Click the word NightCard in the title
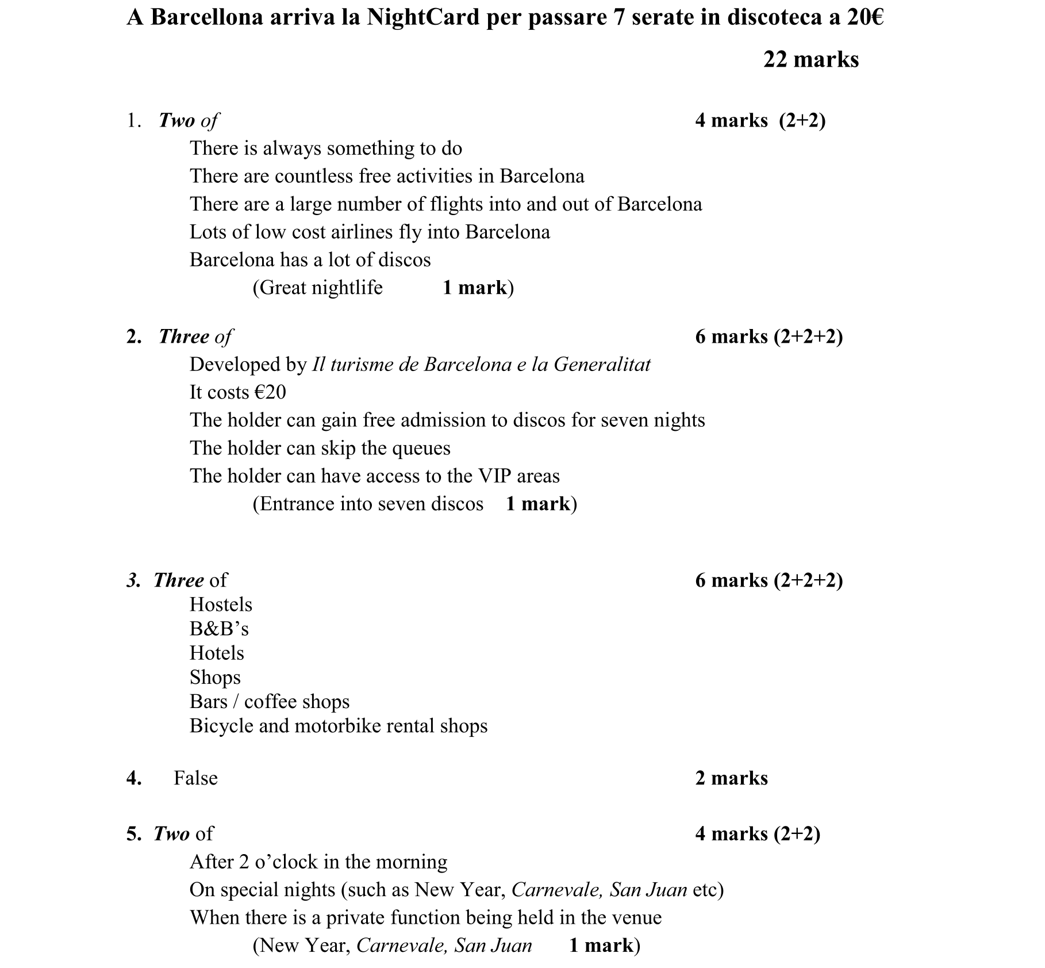click(x=422, y=17)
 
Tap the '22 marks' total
click(x=810, y=59)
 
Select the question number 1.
click(x=133, y=120)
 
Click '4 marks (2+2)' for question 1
click(x=760, y=120)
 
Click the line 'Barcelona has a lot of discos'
click(x=310, y=260)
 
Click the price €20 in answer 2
click(x=270, y=392)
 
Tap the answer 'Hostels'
click(x=221, y=604)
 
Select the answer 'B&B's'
click(x=219, y=629)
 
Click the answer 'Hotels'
click(x=217, y=653)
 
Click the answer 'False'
click(x=195, y=778)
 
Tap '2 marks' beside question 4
click(x=731, y=778)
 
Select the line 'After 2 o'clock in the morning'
click(x=318, y=862)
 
